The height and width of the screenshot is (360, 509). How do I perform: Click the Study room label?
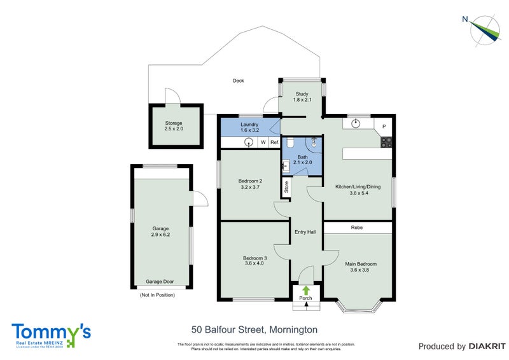(302, 97)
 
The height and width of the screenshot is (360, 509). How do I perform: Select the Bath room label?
(302, 160)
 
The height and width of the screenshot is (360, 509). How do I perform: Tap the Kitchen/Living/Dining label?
(360, 190)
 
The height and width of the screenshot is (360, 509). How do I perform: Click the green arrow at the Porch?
(306, 289)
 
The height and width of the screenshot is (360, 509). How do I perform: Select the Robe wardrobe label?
(357, 227)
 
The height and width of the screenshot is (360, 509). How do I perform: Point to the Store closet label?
(286, 187)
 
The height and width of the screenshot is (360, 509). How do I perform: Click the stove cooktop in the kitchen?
(386, 142)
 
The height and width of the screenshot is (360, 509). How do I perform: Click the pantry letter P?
(384, 126)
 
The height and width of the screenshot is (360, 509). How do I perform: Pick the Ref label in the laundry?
(274, 142)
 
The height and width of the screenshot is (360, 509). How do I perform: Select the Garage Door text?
(160, 282)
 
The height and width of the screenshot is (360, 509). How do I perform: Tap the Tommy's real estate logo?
(51, 334)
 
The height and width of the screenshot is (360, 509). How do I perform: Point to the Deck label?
(238, 81)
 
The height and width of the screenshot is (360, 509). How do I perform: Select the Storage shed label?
(174, 126)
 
